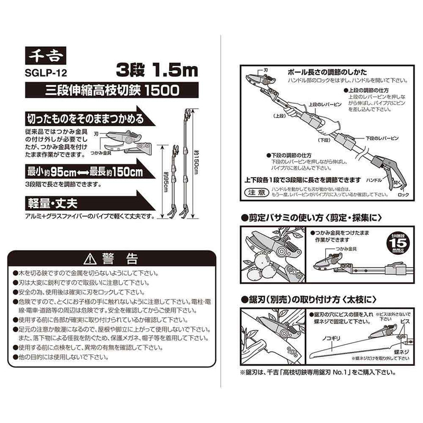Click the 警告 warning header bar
pos(111,260)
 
